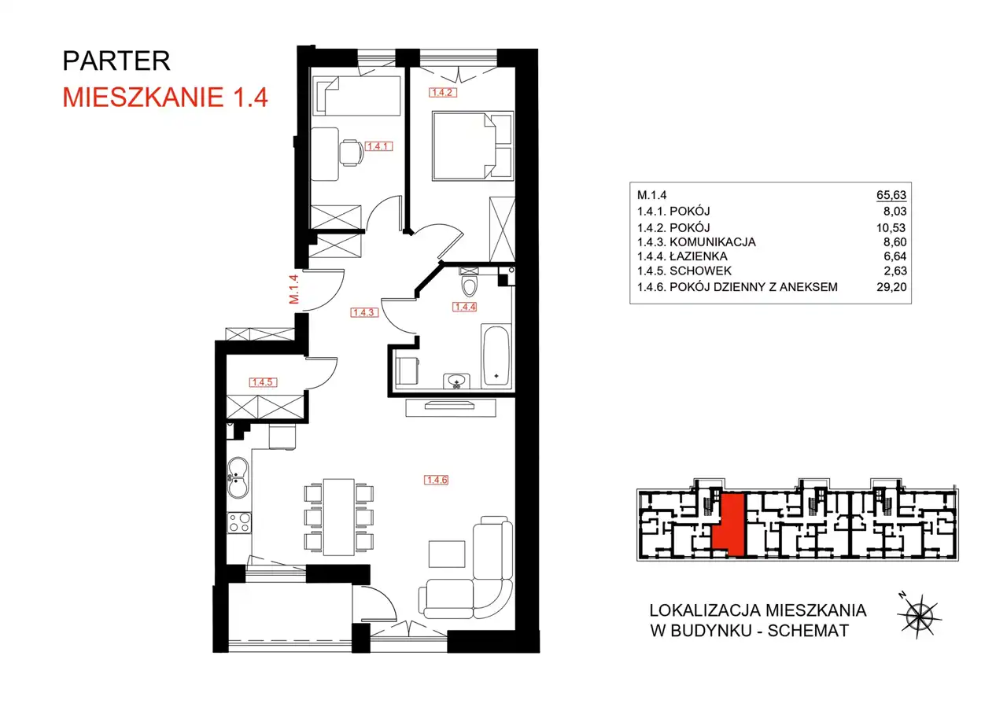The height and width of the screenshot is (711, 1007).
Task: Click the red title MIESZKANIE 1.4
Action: pos(165,97)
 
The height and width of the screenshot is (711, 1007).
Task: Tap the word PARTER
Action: pos(116,61)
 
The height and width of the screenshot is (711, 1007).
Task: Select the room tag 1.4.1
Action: pos(378,146)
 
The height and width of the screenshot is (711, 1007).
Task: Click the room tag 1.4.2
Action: pos(442,93)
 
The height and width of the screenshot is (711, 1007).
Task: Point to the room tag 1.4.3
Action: pos(364,312)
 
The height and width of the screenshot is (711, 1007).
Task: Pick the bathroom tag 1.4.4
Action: pos(464,307)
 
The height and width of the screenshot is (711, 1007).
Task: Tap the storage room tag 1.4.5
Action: pos(263,382)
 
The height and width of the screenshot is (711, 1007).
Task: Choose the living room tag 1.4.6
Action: pos(436,480)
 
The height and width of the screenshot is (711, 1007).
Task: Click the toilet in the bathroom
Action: pos(470,282)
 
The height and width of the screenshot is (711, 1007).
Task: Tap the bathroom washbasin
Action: pos(457,381)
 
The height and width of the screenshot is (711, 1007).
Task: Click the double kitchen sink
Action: pos(238,478)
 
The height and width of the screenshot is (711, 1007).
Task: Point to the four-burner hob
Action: pos(239,523)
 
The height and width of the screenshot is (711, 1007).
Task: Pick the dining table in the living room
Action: pos(338,517)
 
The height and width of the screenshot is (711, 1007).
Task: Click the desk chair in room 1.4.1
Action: pos(351,153)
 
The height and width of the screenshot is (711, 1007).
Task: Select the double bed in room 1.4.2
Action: pos(473,146)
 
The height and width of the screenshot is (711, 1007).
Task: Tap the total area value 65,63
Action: pos(891,195)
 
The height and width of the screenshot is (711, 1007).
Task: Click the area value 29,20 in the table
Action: pos(891,287)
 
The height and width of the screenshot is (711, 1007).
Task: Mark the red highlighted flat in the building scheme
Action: pos(730,525)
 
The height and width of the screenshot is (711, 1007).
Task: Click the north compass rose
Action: pos(920,616)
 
